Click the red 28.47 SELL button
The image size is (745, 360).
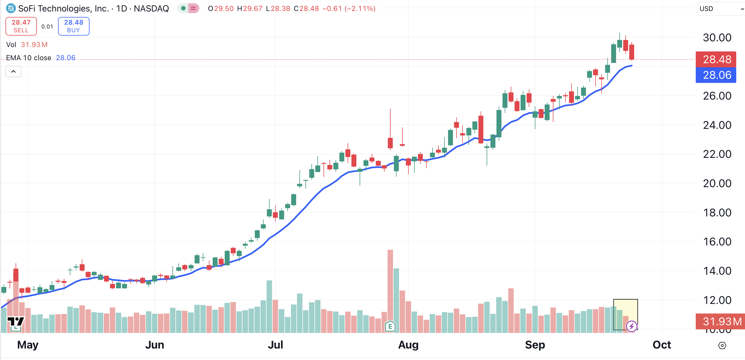[x=21, y=26]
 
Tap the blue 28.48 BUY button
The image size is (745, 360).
[x=73, y=26]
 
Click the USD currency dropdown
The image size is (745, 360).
[x=720, y=9]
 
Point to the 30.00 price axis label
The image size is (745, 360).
[x=717, y=37]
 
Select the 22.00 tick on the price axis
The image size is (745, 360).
[x=717, y=154]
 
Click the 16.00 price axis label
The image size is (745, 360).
[x=717, y=242]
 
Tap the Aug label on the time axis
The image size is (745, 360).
[x=408, y=345]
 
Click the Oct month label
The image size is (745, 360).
[x=662, y=345]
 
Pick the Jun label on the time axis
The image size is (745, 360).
[x=154, y=345]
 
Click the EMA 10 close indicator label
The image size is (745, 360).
[x=29, y=58]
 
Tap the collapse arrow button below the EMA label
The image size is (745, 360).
[x=13, y=71]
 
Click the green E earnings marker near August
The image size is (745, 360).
[x=390, y=326]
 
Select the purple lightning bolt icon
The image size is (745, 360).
[x=631, y=326]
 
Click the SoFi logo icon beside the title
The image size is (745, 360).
[x=11, y=8]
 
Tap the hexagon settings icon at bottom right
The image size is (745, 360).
[x=722, y=345]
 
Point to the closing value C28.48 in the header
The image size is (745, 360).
[x=306, y=9]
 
